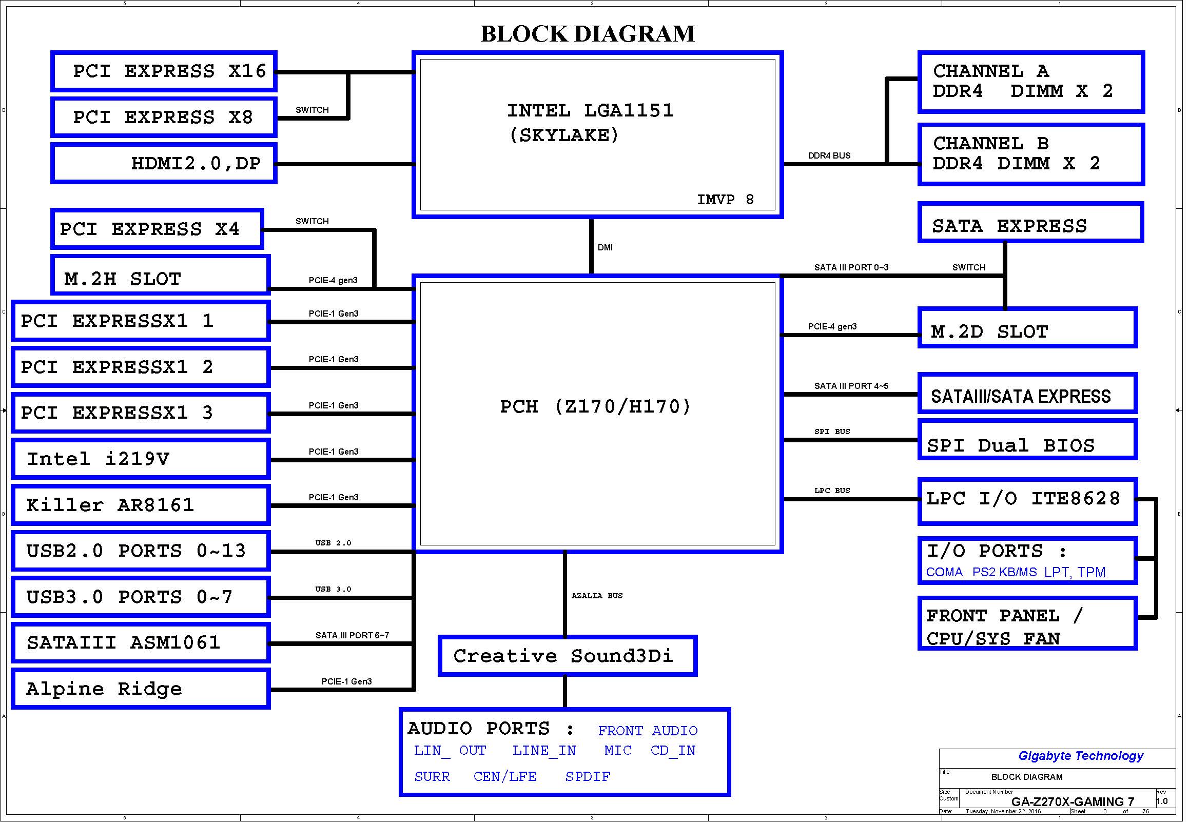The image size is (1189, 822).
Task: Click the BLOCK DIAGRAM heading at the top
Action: [x=587, y=34]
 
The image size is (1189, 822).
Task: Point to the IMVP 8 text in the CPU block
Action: [x=725, y=199]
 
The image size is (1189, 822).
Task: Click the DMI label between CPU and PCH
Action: [x=605, y=248]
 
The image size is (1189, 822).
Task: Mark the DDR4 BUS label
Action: [x=829, y=155]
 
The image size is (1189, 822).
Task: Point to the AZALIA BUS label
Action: [x=597, y=596]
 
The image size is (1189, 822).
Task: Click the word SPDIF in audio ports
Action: [x=588, y=777]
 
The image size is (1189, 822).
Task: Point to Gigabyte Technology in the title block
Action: [x=1080, y=756]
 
